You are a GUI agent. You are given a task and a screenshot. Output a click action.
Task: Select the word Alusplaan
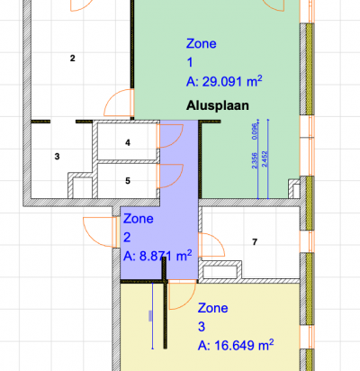tap(218, 105)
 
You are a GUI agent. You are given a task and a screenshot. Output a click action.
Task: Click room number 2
tap(73, 58)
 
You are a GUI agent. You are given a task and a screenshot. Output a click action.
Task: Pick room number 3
tap(57, 157)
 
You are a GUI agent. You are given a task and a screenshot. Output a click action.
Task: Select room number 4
tap(128, 142)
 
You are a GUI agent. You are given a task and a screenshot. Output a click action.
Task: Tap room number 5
tap(128, 181)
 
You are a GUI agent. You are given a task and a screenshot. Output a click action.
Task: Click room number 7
tap(255, 241)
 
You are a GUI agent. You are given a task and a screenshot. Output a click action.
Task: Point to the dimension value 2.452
tap(265, 159)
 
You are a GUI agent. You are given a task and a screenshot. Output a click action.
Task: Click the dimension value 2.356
tap(255, 160)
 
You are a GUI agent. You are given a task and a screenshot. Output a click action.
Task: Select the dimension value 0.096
tap(255, 131)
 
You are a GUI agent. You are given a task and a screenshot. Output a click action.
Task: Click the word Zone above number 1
tap(202, 43)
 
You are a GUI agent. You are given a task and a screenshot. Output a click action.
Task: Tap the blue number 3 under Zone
tap(202, 327)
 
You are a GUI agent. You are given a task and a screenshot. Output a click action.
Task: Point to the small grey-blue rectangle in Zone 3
tap(150, 316)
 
